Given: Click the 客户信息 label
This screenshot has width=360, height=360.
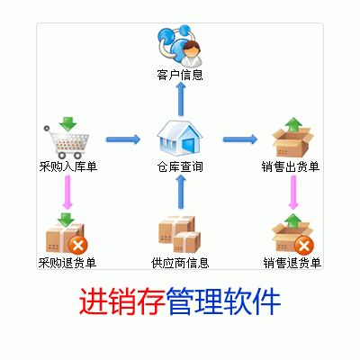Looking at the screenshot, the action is (180, 75).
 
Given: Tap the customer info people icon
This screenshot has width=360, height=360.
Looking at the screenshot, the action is (180, 46).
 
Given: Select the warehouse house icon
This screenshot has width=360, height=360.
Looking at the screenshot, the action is (180, 138).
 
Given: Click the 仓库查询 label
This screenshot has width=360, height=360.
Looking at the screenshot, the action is (180, 166).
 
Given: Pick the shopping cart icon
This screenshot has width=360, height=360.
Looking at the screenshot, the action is (67, 142).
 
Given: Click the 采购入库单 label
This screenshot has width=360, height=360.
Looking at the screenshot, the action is (68, 166).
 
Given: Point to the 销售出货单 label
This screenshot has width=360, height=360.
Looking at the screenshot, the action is (291, 166).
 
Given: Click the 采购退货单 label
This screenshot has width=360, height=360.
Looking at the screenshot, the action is (67, 263).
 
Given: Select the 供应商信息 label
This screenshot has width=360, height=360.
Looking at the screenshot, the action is (180, 263).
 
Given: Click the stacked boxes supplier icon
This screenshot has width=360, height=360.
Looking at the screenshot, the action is (180, 234).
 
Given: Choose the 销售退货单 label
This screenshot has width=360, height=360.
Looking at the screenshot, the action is (292, 263).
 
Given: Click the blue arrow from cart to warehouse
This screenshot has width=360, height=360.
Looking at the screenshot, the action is (123, 139).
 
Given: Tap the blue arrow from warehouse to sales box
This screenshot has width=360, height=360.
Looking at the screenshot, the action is (240, 139).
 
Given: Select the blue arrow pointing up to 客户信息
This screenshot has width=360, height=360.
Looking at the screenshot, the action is (180, 99).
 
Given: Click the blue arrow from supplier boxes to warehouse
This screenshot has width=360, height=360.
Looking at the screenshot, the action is (180, 192).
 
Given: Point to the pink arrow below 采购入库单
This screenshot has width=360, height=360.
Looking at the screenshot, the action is (67, 192).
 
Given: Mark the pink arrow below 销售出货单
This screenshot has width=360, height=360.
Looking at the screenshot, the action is (293, 192).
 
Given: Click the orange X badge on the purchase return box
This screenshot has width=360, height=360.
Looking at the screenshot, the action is (78, 246).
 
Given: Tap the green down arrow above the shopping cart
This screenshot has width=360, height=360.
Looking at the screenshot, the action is (67, 124).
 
